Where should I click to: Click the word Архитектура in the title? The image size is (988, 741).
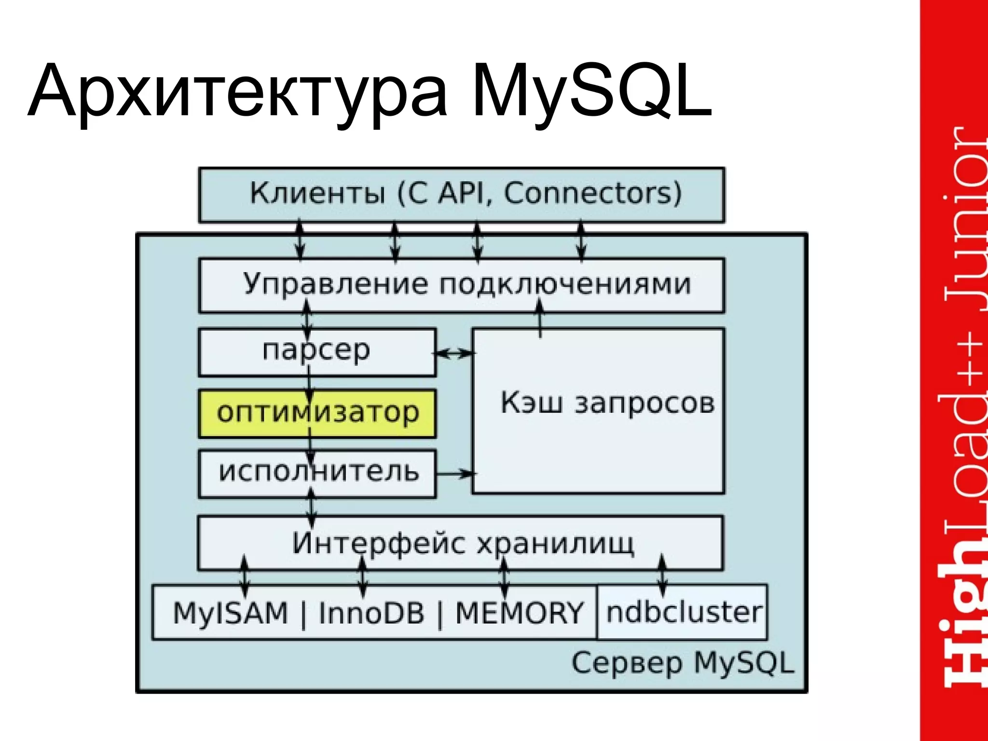coord(236,92)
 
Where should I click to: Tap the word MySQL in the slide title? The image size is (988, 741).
coord(591,92)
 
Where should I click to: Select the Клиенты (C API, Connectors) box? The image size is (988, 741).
coord(462,194)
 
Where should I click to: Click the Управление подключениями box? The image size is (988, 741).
coord(462,285)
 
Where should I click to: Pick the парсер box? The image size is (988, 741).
coord(317,352)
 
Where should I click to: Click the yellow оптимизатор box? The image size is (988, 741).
coord(317,413)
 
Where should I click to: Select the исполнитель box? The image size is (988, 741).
coord(317,473)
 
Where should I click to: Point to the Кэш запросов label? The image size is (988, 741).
coord(607,403)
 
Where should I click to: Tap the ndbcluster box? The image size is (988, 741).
coord(682,612)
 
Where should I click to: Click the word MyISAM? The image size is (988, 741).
coord(230,613)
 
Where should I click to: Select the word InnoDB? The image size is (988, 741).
coord(371,613)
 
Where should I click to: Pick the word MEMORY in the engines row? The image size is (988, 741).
coord(519,613)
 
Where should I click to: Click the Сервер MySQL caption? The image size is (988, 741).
coord(682,663)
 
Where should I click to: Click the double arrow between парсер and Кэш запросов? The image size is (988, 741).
coord(453,354)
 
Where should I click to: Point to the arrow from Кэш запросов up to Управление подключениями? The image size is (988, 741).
coord(540,319)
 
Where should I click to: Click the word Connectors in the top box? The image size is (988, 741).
coord(592,193)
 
